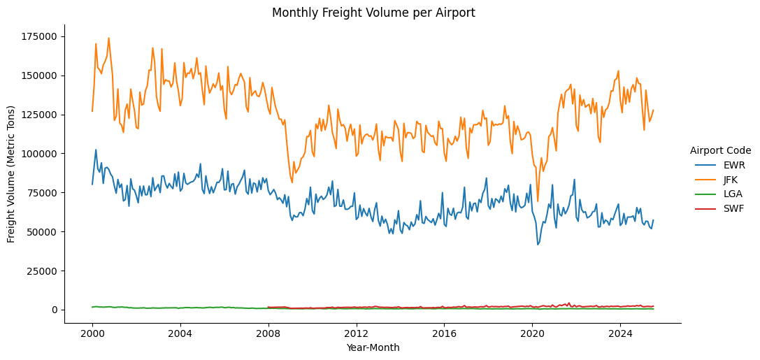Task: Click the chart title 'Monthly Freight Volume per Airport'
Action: pos(373,13)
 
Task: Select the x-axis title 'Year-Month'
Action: pos(373,347)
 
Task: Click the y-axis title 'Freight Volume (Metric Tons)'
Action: pos(11,174)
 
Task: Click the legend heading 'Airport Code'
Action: pos(720,150)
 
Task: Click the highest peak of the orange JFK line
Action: pos(108,38)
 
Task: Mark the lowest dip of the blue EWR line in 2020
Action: pos(538,245)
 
